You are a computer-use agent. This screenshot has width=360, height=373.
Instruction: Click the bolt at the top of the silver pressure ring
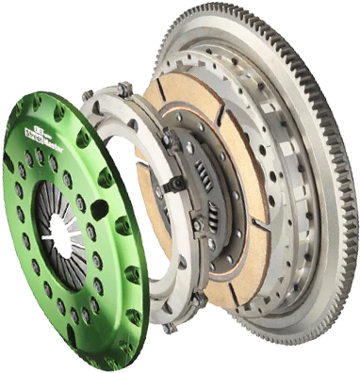pyautogui.click(x=122, y=89)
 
